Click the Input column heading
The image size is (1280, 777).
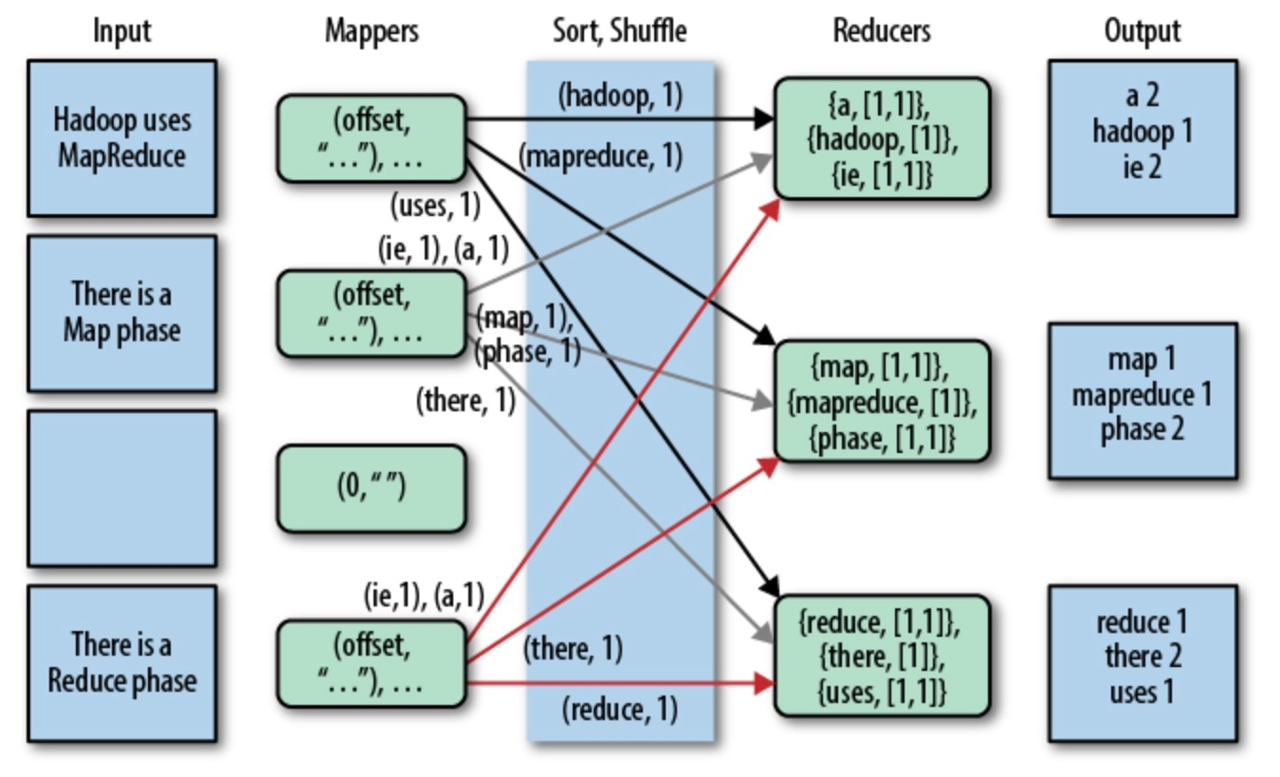121,31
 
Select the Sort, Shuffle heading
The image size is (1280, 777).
619,31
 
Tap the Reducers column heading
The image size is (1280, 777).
881,31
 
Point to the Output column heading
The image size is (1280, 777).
1142,31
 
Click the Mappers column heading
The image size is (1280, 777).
372,31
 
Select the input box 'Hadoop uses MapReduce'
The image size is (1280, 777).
121,138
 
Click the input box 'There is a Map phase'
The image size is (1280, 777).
121,313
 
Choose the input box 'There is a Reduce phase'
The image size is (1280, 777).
121,663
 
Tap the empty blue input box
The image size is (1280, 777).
121,488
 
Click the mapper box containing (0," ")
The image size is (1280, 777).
371,488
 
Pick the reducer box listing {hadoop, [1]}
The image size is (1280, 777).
881,138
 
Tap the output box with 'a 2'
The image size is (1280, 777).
1142,138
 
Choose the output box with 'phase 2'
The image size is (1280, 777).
1142,400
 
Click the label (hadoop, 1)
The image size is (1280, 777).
620,95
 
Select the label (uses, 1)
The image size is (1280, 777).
435,204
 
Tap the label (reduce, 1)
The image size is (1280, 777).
619,709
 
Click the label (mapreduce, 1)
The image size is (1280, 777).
600,156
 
